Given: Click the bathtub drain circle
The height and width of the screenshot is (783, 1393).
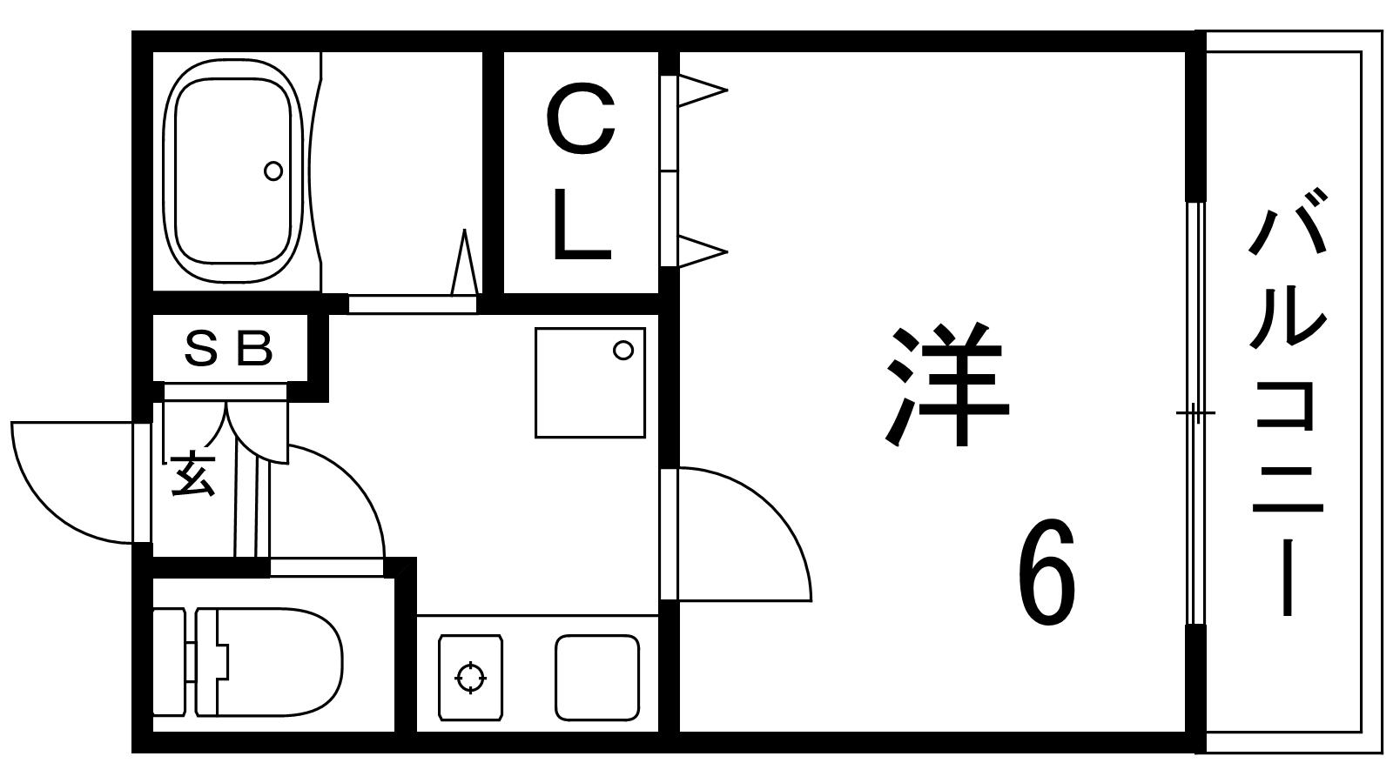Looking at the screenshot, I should click(273, 171).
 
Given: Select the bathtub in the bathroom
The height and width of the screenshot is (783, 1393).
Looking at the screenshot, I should click(232, 171).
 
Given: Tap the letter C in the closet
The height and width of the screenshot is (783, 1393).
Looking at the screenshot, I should click(581, 122).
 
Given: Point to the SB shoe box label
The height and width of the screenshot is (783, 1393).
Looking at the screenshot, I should click(229, 349).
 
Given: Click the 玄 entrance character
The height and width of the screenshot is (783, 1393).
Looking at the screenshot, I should click(192, 475).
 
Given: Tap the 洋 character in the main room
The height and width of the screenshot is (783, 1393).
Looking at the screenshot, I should click(946, 385).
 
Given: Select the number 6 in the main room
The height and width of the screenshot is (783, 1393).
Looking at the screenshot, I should click(1046, 575).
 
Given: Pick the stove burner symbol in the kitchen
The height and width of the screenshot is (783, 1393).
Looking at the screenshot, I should click(471, 677).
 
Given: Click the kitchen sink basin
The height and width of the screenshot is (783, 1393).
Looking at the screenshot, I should click(597, 677).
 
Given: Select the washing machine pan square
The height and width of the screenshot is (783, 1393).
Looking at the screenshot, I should click(589, 382).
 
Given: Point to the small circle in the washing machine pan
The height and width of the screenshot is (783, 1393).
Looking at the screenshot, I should click(622, 351).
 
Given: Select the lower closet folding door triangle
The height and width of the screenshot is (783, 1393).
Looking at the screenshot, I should click(701, 251).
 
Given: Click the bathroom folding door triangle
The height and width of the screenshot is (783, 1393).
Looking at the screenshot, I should click(465, 264).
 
